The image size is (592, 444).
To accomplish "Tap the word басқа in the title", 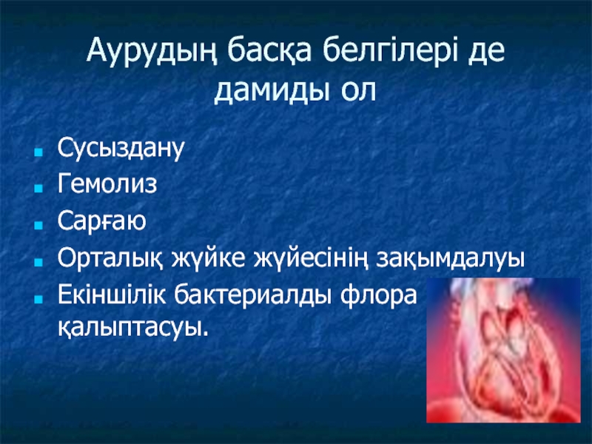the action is (269, 51).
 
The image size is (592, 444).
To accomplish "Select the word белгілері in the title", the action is (390, 52).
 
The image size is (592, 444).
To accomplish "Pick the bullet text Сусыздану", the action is (121, 147).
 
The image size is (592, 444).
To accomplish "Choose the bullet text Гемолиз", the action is (107, 184).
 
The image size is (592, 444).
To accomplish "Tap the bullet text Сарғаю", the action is (101, 221).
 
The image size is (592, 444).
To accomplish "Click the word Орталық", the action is (110, 258).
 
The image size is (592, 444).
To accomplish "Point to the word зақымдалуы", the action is (450, 258).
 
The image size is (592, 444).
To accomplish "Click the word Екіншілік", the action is (112, 294).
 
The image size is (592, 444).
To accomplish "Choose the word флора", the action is (378, 295).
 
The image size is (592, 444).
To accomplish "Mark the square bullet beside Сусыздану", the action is (38, 153).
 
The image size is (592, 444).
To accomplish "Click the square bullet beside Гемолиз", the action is (38, 188).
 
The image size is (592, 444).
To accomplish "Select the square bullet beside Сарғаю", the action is (38, 225).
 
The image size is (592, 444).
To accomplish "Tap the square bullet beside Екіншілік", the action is (38, 299).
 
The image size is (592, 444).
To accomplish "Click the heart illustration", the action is (503, 350).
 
